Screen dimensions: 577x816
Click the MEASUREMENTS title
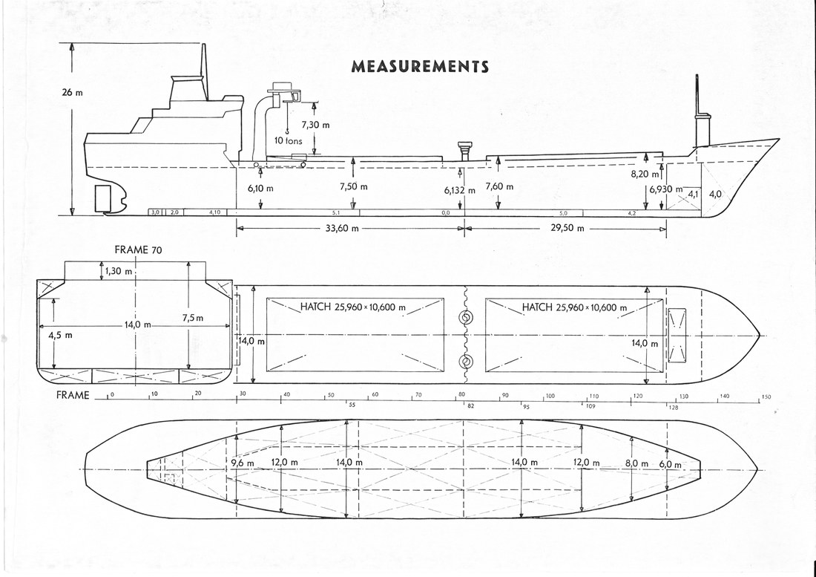[x=420, y=67]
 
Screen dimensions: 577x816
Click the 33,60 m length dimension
[x=343, y=229]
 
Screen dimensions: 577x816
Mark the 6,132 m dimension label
[x=460, y=190]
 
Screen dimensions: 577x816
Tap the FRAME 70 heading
[x=138, y=250]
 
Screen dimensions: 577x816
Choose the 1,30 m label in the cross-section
[x=118, y=271]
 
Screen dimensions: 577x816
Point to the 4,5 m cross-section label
[x=60, y=335]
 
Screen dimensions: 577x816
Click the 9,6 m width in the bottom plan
[x=243, y=463]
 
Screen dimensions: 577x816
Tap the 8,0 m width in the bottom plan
[x=636, y=463]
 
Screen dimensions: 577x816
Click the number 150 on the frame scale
[x=766, y=397]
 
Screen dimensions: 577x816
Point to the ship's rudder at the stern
[x=103, y=198]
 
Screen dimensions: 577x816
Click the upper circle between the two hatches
[x=467, y=319]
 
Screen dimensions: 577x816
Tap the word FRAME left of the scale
[x=73, y=395]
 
